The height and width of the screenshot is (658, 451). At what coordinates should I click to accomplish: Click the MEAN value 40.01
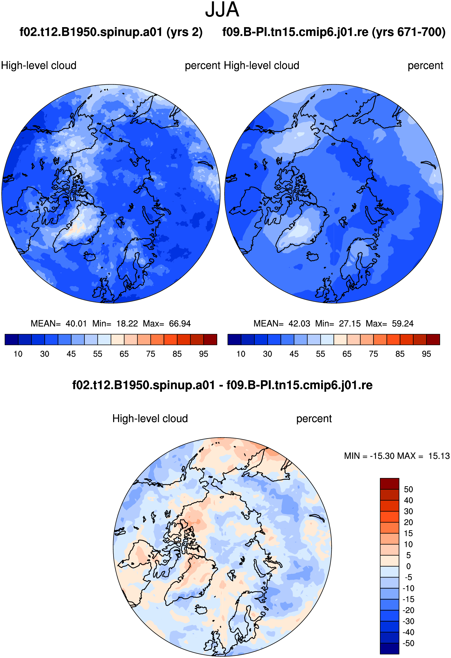76,323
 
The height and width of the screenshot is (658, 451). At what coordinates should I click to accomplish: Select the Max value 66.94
180,323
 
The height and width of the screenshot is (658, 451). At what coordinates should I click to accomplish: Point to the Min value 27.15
350,323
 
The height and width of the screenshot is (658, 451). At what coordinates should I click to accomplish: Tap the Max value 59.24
403,323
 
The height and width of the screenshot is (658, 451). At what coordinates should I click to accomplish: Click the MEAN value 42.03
299,323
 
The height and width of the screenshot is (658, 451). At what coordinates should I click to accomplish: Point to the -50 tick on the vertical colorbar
408,643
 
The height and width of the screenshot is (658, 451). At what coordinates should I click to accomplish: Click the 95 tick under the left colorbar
204,354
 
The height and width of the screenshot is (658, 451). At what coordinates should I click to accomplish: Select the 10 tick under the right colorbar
241,354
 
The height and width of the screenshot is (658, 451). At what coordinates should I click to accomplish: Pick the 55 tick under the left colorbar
98,354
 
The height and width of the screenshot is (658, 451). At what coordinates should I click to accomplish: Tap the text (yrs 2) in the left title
185,32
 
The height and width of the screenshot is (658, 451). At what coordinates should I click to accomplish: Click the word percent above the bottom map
314,419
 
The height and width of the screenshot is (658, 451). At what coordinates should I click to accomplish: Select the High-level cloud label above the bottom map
150,419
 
